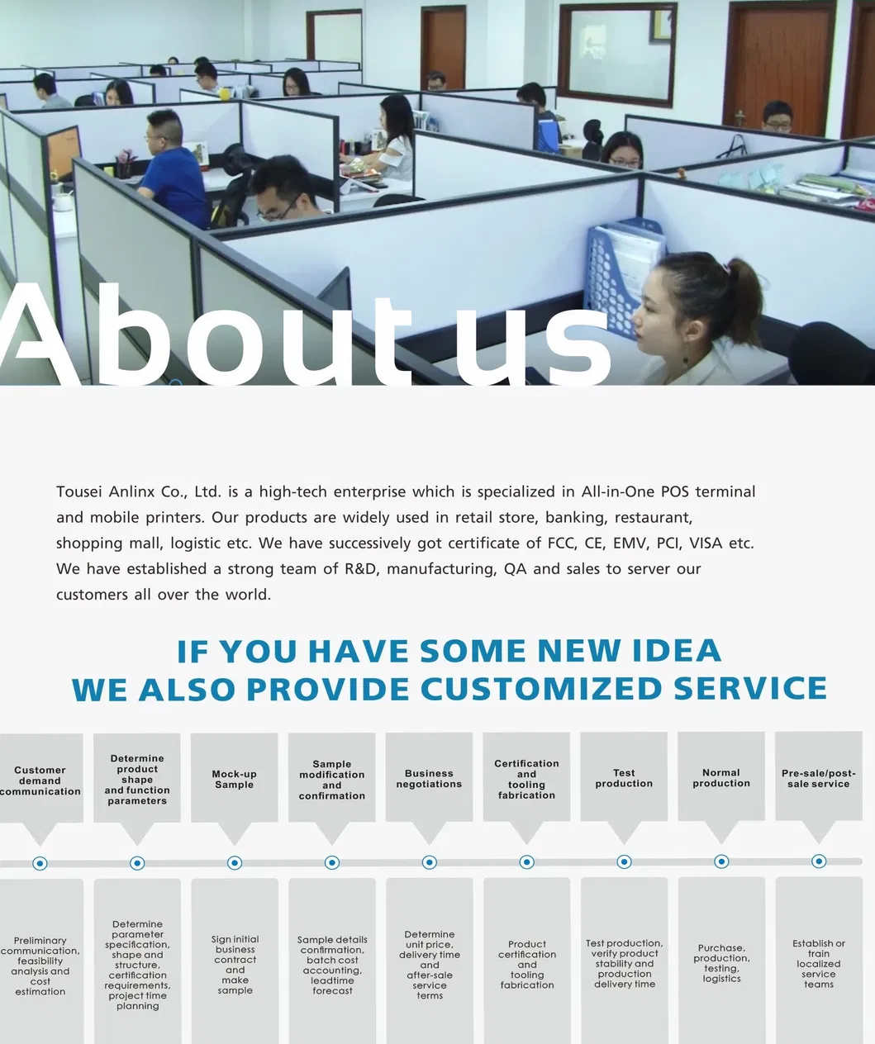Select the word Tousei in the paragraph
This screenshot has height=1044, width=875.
click(x=79, y=492)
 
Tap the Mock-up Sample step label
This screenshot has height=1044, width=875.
click(x=234, y=779)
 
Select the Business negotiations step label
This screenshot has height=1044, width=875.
click(x=430, y=779)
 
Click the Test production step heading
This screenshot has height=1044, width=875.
click(x=624, y=778)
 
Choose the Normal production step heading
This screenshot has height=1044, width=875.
click(x=721, y=778)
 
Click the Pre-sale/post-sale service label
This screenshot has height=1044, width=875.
click(x=819, y=779)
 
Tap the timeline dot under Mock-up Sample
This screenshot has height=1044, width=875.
click(x=235, y=862)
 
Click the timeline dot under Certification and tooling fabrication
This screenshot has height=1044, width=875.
click(x=527, y=862)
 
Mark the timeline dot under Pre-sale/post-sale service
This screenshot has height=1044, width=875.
click(x=819, y=861)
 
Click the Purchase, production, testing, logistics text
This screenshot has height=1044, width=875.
click(x=721, y=963)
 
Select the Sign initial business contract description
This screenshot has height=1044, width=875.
click(x=235, y=965)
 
